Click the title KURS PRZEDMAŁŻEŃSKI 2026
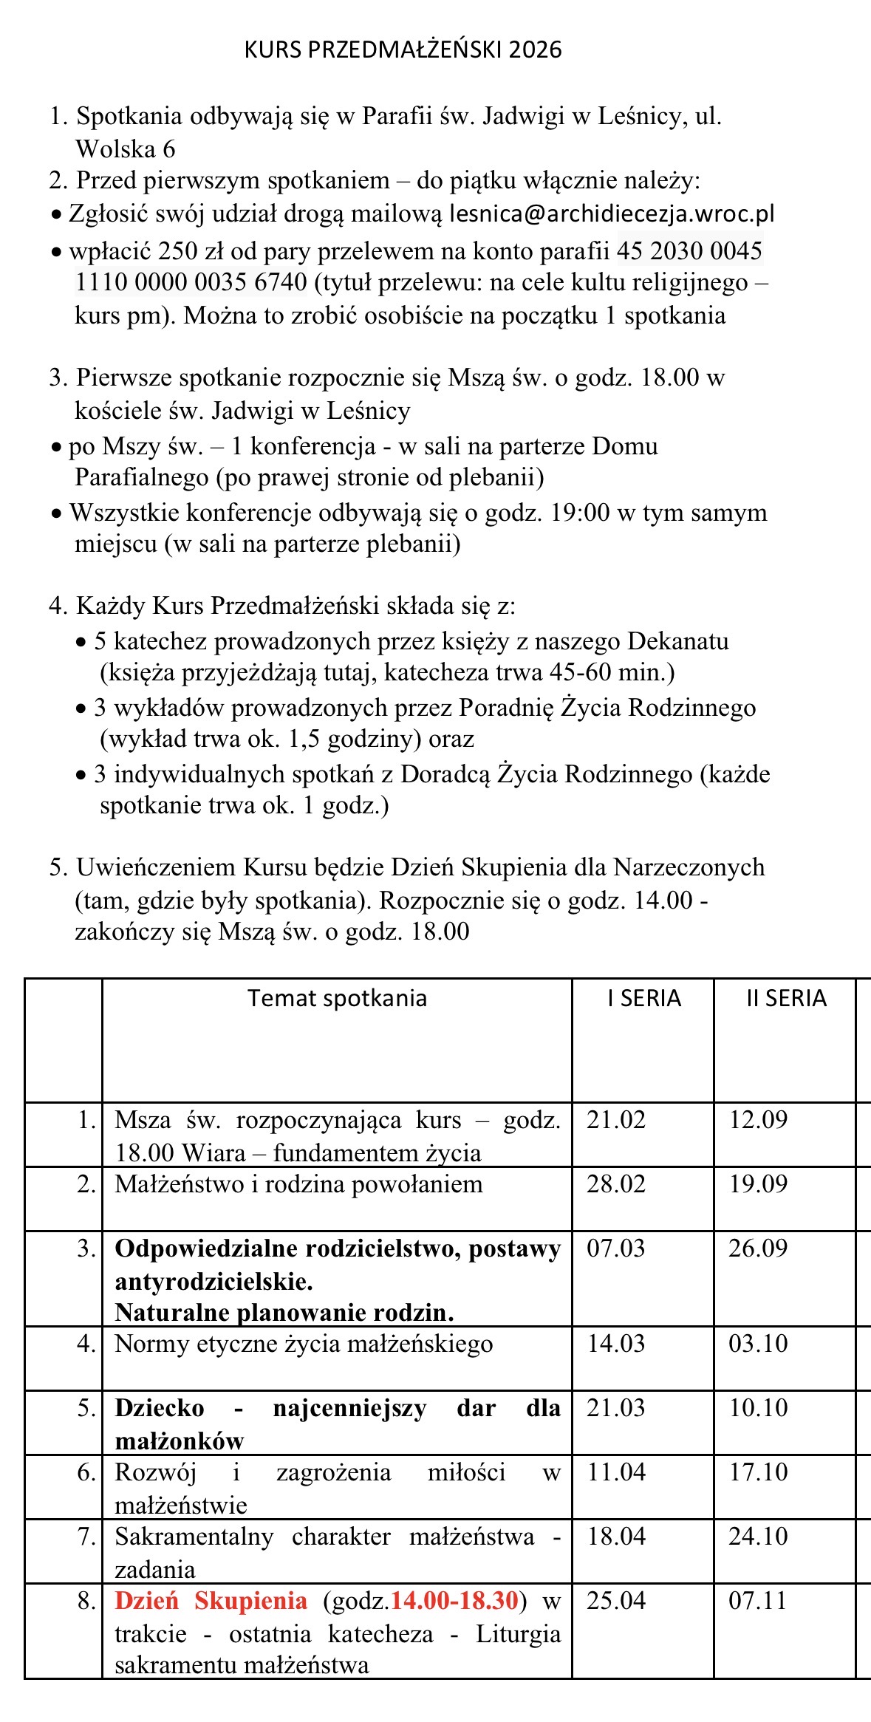pos(403,49)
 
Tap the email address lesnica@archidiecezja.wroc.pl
pos(612,213)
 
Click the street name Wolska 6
pos(126,149)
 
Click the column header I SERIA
pos(643,998)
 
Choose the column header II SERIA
pos(786,998)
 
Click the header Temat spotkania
pos(337,998)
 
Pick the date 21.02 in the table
pos(616,1120)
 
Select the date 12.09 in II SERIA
pos(758,1120)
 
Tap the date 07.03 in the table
pos(616,1248)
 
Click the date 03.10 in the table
pos(758,1343)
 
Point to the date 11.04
pos(616,1472)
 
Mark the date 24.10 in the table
pos(758,1536)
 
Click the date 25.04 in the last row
pos(616,1600)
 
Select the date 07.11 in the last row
pos(758,1600)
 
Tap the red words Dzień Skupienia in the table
pos(211,1600)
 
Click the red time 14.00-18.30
pos(454,1600)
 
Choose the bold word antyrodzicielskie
pos(214,1281)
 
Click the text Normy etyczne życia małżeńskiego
pos(304,1343)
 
